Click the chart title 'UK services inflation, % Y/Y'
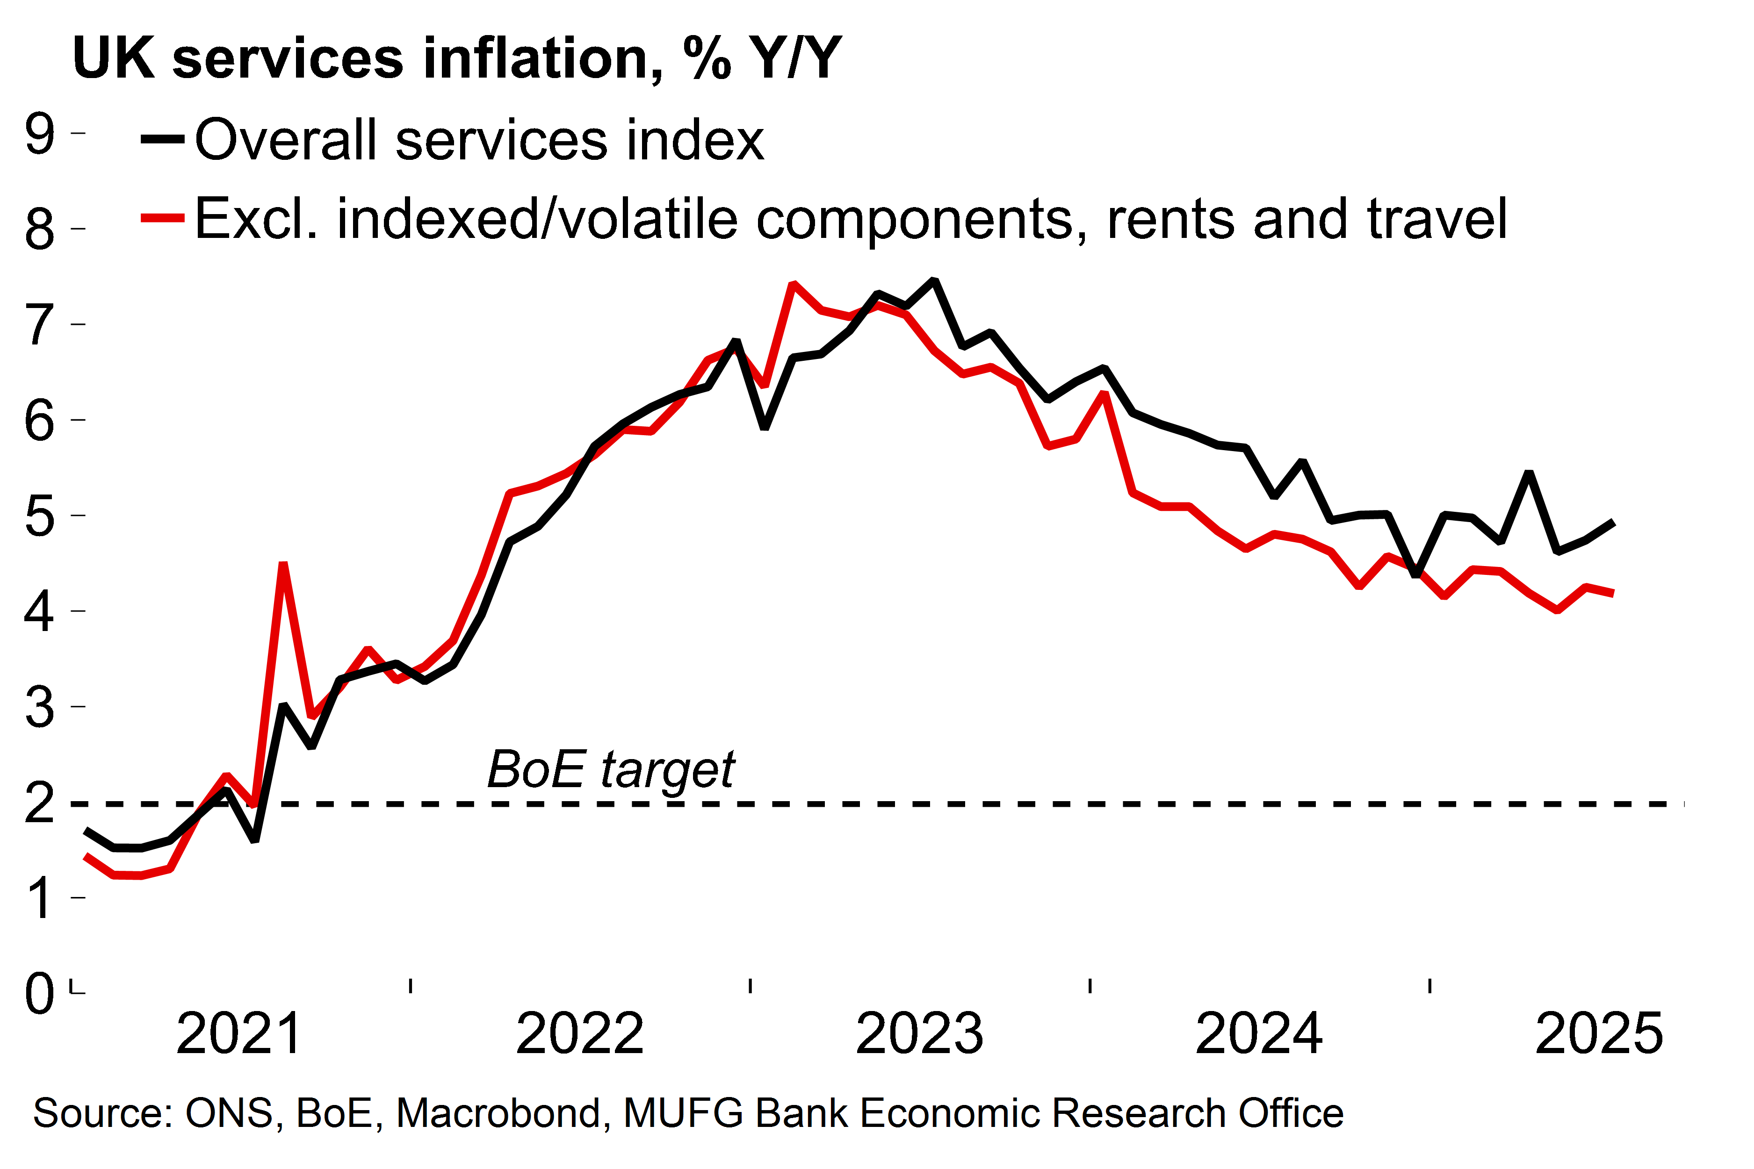(x=456, y=58)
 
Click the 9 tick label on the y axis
(x=40, y=134)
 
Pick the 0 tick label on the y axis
(x=40, y=993)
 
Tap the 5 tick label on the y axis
(x=40, y=516)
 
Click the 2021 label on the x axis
(x=238, y=1033)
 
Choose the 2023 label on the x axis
(x=919, y=1033)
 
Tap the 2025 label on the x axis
(x=1599, y=1033)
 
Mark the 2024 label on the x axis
(x=1259, y=1033)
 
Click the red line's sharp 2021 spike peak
(x=282, y=565)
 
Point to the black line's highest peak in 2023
(x=934, y=281)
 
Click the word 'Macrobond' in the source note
(x=498, y=1113)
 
